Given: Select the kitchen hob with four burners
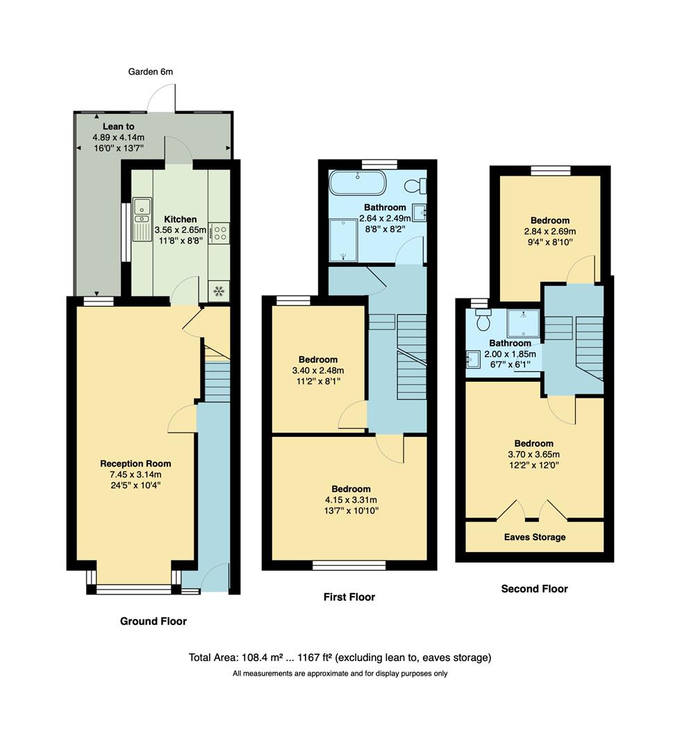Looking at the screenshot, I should [218, 233].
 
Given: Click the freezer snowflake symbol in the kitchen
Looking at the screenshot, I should [218, 291].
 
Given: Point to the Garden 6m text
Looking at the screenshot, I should [151, 72].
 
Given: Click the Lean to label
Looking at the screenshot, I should [118, 126].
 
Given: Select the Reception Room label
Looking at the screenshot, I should [135, 464].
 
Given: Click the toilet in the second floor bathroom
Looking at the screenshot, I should [484, 320].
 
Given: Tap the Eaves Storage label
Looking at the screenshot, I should [535, 537].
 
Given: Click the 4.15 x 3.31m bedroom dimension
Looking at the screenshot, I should [351, 500].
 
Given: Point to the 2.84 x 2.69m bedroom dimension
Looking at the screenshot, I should [550, 232].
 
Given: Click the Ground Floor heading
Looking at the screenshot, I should [154, 621].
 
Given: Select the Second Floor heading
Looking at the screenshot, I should [534, 589].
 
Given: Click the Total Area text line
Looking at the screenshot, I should [340, 658].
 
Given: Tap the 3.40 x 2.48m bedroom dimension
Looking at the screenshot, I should [318, 371].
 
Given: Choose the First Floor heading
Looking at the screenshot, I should [349, 597].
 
